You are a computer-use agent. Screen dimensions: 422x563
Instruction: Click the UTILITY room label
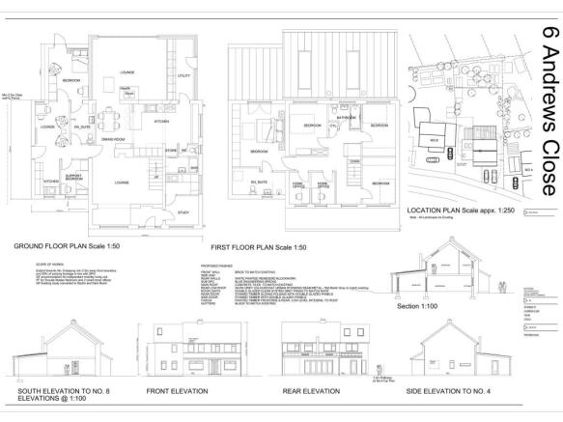[183, 74]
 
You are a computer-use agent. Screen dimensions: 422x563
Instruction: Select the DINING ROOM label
[115, 140]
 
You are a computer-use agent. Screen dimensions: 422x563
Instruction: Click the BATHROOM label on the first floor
[347, 117]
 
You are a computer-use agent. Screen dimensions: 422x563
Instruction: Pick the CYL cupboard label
[331, 126]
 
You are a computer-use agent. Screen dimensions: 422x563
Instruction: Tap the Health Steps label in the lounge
[126, 89]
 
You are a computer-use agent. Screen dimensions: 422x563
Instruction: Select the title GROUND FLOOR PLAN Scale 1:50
[76, 247]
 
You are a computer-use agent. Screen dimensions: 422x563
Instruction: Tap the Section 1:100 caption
[418, 306]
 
